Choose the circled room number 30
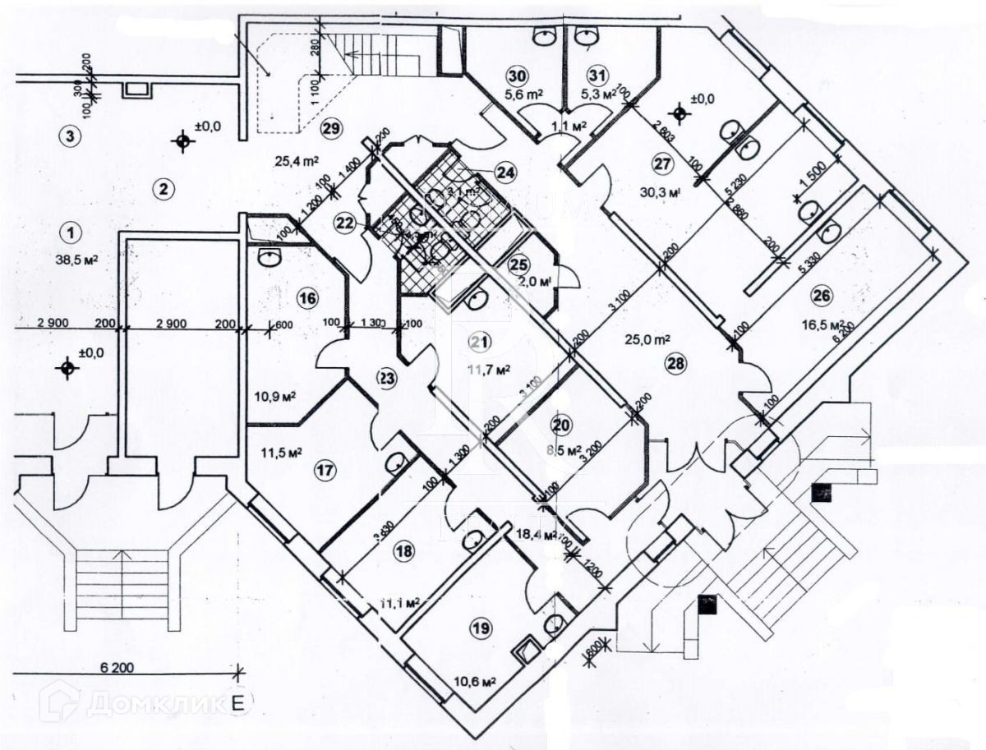[516, 76]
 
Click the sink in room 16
[269, 259]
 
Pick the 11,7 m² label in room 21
[490, 368]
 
